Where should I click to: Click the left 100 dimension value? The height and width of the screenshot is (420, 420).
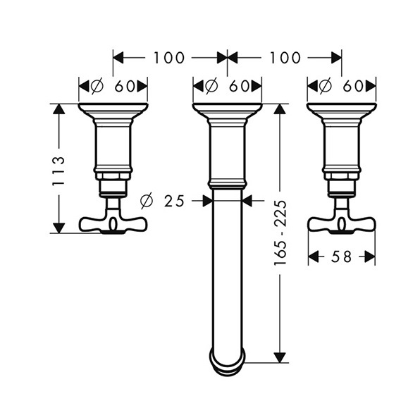pos(168,58)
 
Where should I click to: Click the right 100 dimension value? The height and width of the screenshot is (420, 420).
pos(285,58)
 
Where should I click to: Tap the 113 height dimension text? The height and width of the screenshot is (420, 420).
pos(58,171)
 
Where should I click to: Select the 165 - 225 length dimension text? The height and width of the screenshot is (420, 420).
pos(280,233)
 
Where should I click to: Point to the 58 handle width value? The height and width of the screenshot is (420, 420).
pos(341,257)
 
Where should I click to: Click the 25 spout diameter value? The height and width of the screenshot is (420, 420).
pos(174,201)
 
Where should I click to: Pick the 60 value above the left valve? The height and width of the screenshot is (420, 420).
pos(124,86)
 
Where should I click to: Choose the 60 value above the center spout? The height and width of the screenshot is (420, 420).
pos(239,86)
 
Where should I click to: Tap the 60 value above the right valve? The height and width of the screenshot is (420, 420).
pos(353,86)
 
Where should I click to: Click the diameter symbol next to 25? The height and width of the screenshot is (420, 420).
pos(147,201)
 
